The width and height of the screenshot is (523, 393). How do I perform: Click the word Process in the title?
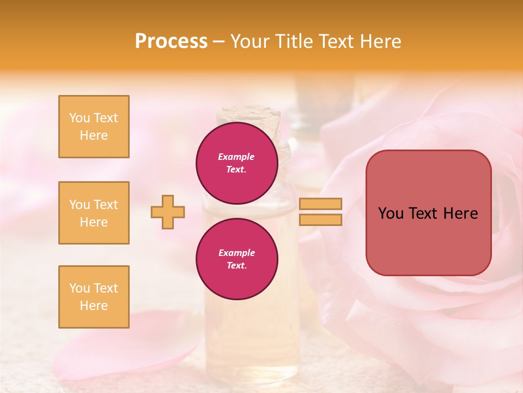171,41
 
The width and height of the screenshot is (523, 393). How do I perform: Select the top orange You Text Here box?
94,127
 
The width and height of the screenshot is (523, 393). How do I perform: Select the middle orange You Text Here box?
94,213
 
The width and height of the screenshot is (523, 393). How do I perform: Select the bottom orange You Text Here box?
94,297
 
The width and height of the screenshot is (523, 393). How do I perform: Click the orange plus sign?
168,212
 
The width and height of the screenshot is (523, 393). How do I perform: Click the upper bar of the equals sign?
320,204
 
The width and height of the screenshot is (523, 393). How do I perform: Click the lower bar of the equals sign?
320,220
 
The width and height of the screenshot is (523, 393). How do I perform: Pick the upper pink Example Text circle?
236,163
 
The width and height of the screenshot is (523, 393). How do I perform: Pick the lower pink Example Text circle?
236,259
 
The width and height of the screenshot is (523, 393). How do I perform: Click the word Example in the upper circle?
236,157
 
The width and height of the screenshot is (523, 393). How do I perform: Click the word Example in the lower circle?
236,253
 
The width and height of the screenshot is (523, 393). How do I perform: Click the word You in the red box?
391,213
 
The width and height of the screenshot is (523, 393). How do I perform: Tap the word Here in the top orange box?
94,135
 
